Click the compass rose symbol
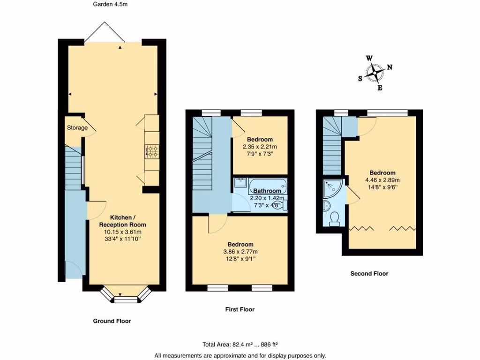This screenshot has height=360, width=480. [x=375, y=73]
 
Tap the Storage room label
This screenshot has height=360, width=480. [x=77, y=127]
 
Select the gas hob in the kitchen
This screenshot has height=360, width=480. [x=152, y=151]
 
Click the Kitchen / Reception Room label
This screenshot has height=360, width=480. [x=121, y=221]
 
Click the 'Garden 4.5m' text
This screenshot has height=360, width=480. [x=110, y=4]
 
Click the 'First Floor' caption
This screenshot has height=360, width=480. [x=240, y=309]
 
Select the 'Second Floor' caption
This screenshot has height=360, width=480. [x=369, y=273]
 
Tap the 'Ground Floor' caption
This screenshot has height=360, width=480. [x=112, y=321]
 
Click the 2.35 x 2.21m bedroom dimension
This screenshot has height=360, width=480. [x=260, y=147]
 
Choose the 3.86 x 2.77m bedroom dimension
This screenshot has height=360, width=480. [x=240, y=252]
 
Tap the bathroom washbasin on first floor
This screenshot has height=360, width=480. [x=240, y=183]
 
